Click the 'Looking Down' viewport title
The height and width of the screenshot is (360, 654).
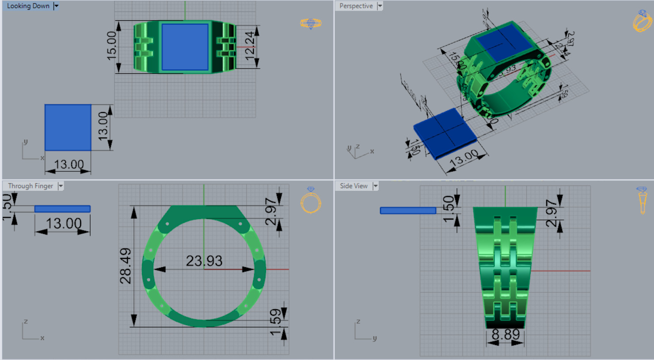[28, 6]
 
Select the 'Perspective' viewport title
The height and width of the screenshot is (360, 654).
[356, 6]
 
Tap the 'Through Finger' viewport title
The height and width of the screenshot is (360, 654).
[30, 186]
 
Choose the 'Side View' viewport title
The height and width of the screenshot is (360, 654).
[354, 186]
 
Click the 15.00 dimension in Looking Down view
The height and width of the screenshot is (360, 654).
[112, 45]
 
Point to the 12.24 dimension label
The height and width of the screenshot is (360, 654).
[250, 45]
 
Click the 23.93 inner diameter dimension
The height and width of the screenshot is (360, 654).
[204, 261]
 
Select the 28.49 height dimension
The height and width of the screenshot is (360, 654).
[125, 266]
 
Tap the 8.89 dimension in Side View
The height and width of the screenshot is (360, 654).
[506, 334]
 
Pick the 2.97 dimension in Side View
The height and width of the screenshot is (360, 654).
[551, 213]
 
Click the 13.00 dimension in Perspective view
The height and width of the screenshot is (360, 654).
[464, 158]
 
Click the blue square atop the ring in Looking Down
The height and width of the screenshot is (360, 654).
[185, 47]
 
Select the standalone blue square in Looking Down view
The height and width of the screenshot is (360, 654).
[68, 127]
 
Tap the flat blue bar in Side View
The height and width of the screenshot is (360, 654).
[408, 211]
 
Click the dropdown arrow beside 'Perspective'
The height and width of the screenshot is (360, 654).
[380, 6]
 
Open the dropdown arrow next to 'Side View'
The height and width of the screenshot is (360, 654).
[375, 186]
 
